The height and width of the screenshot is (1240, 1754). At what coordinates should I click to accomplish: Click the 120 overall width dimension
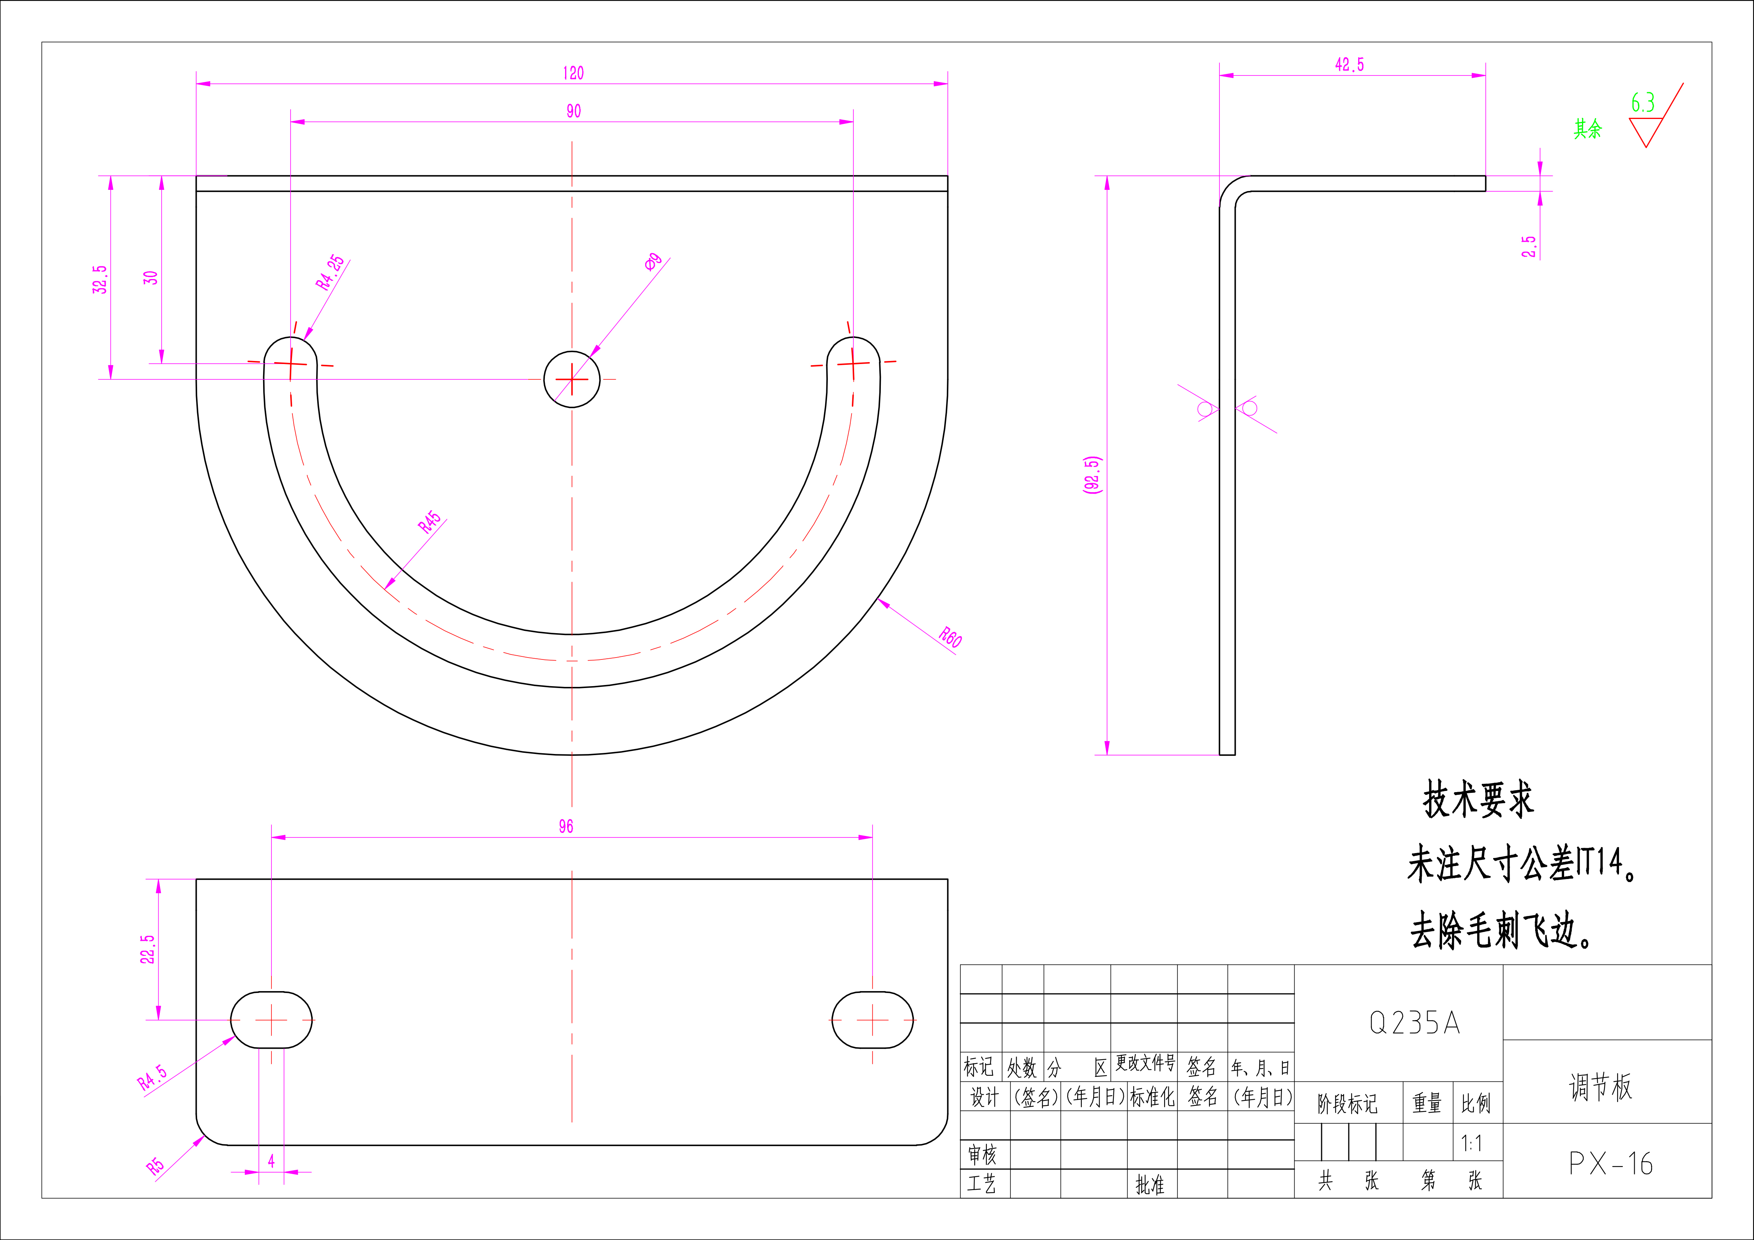coord(573,73)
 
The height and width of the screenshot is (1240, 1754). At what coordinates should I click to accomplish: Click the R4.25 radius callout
coord(330,273)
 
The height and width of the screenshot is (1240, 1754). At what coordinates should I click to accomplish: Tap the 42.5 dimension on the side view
coord(1349,65)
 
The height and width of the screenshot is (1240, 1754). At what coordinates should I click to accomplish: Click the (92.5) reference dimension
coord(1092,475)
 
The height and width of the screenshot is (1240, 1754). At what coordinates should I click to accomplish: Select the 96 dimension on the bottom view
coord(565,826)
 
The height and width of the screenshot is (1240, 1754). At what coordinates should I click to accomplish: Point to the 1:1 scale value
coord(1471,1143)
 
